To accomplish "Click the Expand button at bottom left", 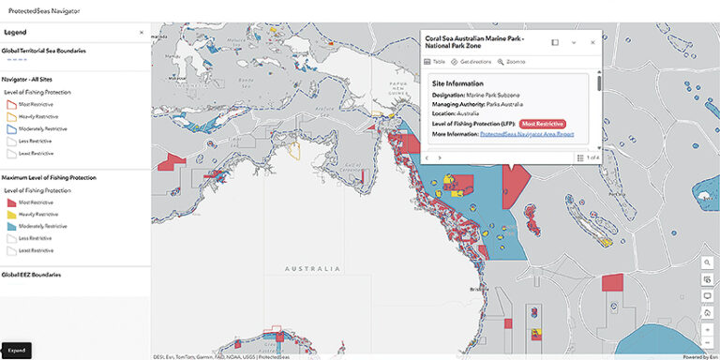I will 17,351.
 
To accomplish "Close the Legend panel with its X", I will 142,32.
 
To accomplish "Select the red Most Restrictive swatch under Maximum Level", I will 10,202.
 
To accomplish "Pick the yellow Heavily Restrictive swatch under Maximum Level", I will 10,214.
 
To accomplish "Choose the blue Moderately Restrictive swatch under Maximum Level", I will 10,226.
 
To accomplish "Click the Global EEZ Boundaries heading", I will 31,275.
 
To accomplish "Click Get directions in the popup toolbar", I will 472,61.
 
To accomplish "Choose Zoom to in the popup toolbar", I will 511,61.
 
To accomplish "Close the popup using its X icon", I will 592,42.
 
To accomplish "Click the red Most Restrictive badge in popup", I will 542,124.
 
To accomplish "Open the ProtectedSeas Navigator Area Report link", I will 526,135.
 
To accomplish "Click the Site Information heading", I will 457,82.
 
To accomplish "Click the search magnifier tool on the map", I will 706,262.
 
